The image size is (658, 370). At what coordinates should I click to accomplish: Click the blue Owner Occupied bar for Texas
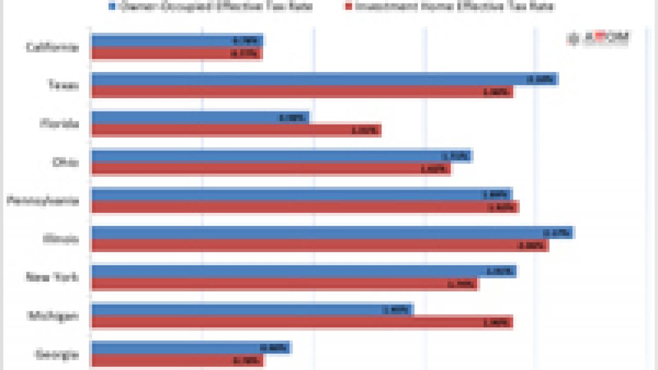coord(324,79)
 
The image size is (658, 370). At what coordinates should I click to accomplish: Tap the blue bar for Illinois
coord(332,232)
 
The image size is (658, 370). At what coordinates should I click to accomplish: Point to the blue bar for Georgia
coord(191,347)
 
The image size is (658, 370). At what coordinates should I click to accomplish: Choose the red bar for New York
coord(285,284)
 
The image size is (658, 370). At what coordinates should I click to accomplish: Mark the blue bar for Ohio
coord(281,156)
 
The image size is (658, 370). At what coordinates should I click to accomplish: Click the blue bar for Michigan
coord(252,309)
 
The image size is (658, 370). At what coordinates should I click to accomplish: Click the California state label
coord(53,47)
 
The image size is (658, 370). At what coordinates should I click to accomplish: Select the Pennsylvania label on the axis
coord(43,200)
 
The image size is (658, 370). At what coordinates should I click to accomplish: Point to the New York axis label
coord(53,277)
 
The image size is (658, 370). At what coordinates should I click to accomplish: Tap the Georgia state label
coord(57,354)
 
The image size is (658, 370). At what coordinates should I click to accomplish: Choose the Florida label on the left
coord(60,124)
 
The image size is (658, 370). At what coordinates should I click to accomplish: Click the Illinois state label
coord(61,239)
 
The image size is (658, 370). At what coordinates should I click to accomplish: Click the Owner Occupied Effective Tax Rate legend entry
coord(211,6)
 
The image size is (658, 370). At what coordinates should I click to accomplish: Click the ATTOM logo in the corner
coord(599,39)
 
